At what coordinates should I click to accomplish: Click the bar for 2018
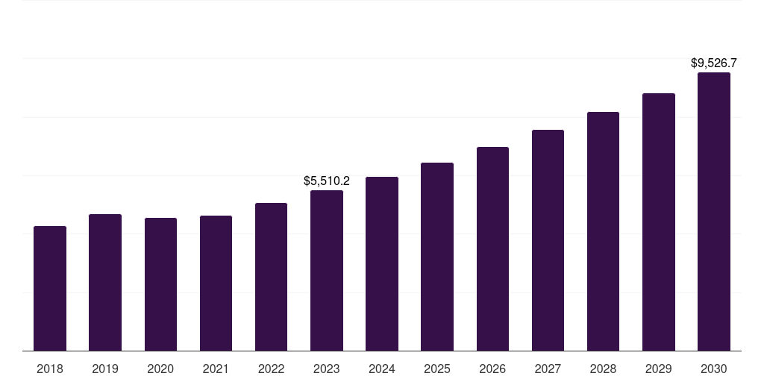50,288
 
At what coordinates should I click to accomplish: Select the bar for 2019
105,282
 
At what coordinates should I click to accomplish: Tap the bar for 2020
160,284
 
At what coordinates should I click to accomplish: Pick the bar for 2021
216,283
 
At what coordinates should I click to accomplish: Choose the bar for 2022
271,277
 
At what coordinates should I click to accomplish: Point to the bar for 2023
327,270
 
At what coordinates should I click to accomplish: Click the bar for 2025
437,257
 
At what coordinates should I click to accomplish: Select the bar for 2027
548,240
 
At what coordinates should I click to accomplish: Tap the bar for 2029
658,222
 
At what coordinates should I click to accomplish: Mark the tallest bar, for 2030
713,211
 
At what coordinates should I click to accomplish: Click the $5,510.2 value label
327,181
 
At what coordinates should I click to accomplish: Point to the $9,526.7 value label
713,63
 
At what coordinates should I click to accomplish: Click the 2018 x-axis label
50,369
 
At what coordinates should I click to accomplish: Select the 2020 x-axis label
160,369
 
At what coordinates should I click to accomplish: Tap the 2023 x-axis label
327,369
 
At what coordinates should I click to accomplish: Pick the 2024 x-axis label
382,369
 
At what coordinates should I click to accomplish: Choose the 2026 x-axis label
492,369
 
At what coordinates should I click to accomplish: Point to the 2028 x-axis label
603,369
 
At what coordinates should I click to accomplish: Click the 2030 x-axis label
713,369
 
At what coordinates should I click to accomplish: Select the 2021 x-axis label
216,369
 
